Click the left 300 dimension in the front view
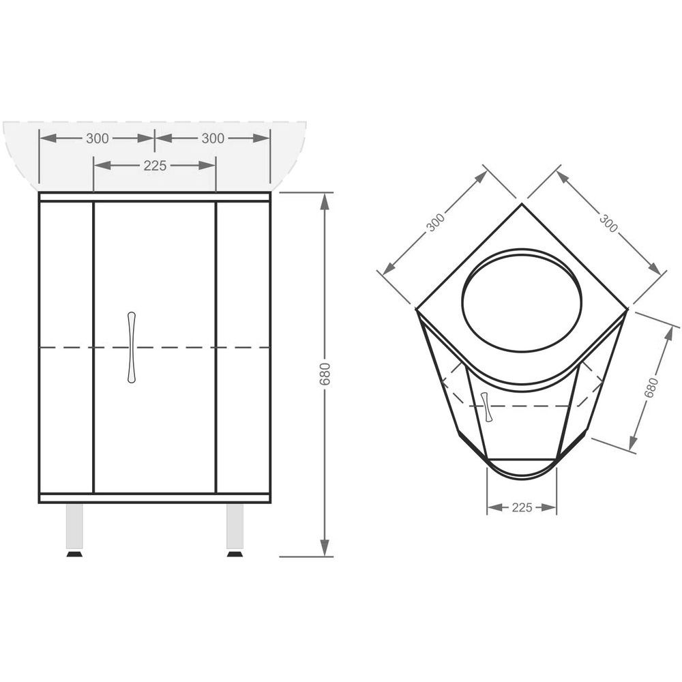pos(97,138)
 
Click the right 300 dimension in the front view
pos(213,138)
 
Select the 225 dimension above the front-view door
pos(155,165)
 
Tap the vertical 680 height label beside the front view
pos(325,374)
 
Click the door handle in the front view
pos(132,347)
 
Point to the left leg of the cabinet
pos(74,526)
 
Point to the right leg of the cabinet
pos(235,526)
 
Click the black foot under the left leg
pos(75,554)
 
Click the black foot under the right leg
pos(235,554)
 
